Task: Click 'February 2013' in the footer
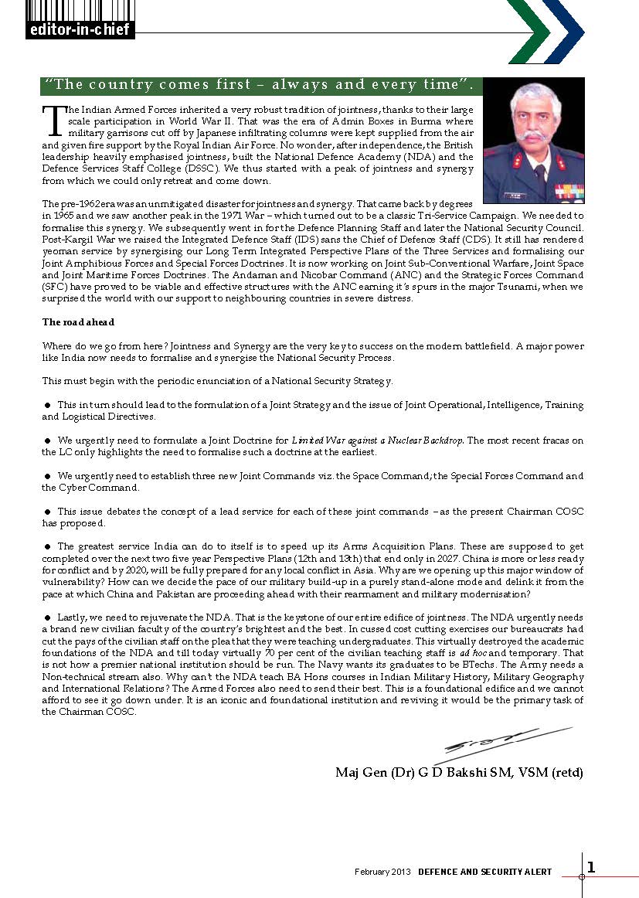coord(382,872)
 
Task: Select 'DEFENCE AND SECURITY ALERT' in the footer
coord(484,872)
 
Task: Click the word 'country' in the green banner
coord(121,85)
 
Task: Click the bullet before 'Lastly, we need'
coord(48,617)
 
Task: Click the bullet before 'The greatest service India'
coord(48,546)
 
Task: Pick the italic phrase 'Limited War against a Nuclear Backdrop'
coord(378,440)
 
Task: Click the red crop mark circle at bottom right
coord(583,877)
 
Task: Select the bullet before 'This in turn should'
coord(48,405)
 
